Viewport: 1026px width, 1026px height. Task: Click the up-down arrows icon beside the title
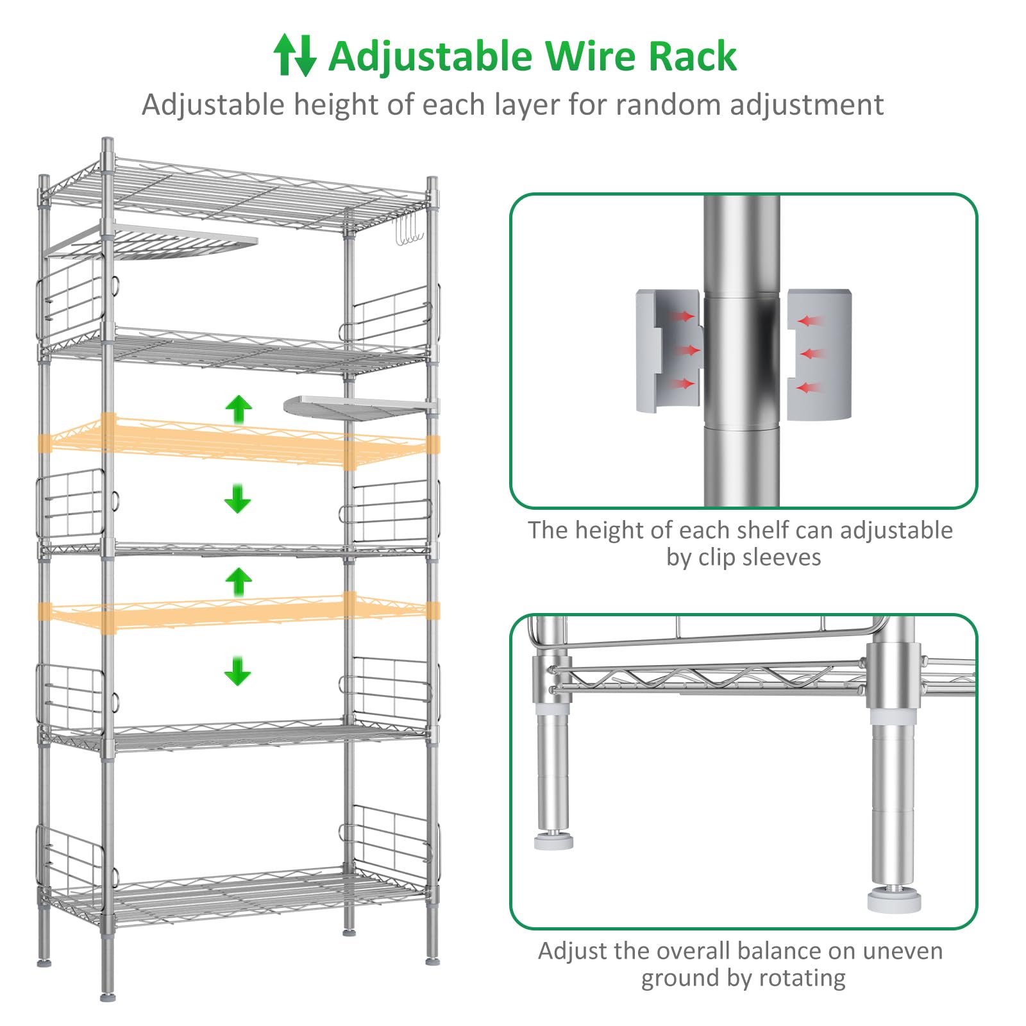(x=294, y=55)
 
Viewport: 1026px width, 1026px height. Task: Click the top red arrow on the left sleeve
(x=682, y=316)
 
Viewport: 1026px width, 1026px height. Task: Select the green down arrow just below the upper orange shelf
(x=238, y=499)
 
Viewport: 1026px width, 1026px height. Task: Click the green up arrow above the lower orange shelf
(x=239, y=582)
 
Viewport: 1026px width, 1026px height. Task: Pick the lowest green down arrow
(x=238, y=671)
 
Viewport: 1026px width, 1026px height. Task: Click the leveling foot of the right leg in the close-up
(x=894, y=900)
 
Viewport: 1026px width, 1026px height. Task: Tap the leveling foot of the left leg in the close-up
(x=553, y=841)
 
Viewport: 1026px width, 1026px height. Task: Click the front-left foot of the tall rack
(x=108, y=996)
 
